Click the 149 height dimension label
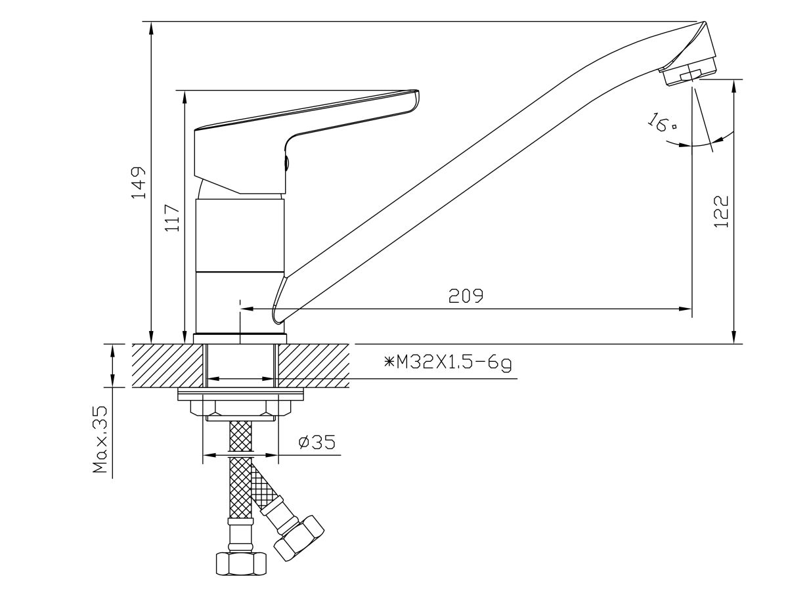tap(139, 183)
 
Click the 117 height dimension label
tap(172, 218)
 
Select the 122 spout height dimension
tap(722, 211)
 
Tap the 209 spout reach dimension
tap(466, 296)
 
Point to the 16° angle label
tap(662, 122)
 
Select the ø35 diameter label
tap(317, 442)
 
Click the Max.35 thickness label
tap(100, 439)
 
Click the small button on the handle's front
tap(286, 163)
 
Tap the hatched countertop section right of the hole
tap(313, 365)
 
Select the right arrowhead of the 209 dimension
tap(685, 308)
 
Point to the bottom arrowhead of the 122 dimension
tap(734, 337)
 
